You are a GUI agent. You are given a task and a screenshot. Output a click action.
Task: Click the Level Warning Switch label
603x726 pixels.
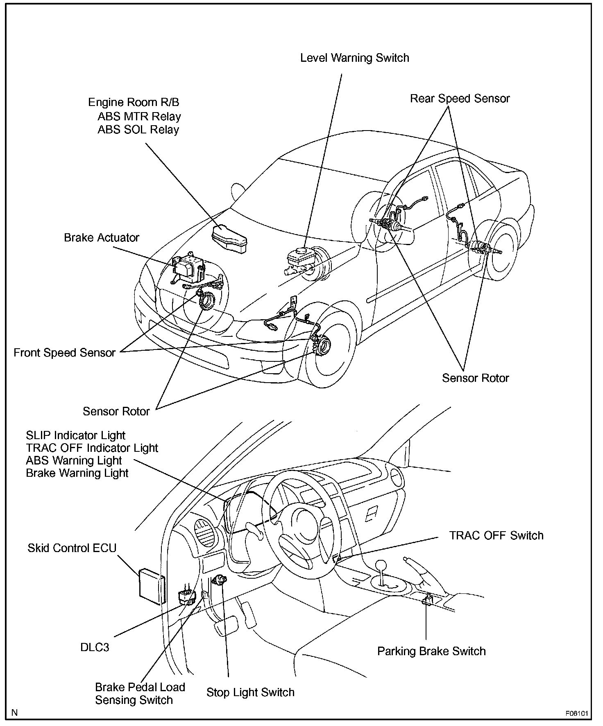pyautogui.click(x=354, y=58)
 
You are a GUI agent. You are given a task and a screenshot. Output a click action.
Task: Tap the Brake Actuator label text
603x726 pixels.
pyautogui.click(x=102, y=238)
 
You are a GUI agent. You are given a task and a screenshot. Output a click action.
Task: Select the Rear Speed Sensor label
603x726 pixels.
pyautogui.click(x=460, y=99)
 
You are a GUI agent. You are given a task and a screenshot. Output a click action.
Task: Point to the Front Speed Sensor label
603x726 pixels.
pyautogui.click(x=64, y=353)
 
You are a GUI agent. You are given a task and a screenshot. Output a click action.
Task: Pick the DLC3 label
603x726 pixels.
pyautogui.click(x=95, y=647)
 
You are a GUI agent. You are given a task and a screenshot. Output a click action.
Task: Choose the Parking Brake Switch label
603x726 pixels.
pyautogui.click(x=431, y=651)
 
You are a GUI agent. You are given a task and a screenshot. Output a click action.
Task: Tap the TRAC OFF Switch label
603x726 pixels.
pyautogui.click(x=496, y=535)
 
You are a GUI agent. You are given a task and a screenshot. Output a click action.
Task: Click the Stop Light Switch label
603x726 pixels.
pyautogui.click(x=250, y=692)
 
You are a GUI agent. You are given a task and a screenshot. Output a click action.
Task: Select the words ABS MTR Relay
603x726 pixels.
pyautogui.click(x=139, y=117)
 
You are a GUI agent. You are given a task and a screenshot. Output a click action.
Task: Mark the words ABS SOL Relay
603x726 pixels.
pyautogui.click(x=138, y=130)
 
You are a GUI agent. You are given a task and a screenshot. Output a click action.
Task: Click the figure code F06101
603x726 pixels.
pyautogui.click(x=577, y=713)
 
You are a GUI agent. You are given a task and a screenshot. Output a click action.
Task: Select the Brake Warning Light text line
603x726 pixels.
pyautogui.click(x=77, y=473)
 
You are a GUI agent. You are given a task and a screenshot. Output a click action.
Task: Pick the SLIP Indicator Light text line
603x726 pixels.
pyautogui.click(x=75, y=435)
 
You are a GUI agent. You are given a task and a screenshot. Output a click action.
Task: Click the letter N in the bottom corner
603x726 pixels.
pyautogui.click(x=15, y=713)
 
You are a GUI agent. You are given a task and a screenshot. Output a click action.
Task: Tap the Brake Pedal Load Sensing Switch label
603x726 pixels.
pyautogui.click(x=140, y=694)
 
